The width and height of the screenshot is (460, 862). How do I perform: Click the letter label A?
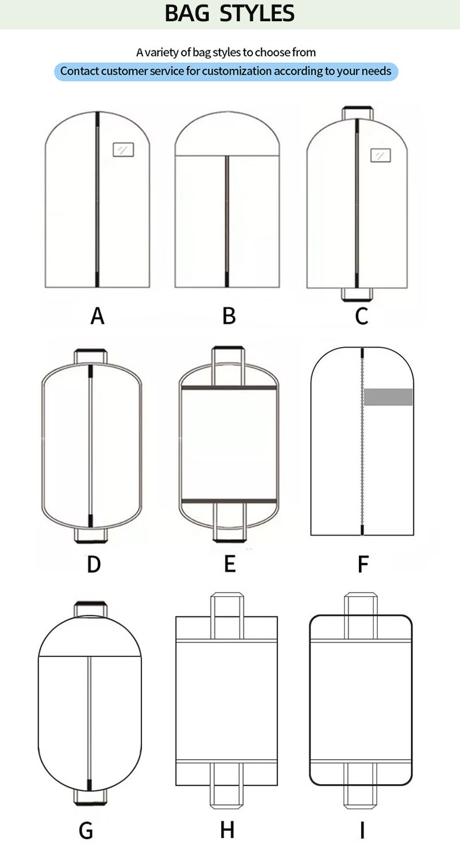coord(97,316)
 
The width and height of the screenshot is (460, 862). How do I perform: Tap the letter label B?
coord(229,316)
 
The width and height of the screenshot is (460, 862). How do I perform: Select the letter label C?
coord(362,316)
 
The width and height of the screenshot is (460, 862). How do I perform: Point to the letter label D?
coord(94,564)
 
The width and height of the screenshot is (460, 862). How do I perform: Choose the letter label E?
coord(230,564)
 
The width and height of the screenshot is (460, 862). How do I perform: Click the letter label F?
coord(363,564)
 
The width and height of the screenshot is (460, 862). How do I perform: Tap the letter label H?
coord(227,830)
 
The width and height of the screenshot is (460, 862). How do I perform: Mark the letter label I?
coord(362,830)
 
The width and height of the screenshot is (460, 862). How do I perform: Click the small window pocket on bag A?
coord(123,149)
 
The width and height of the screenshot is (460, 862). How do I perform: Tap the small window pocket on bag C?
coord(380,156)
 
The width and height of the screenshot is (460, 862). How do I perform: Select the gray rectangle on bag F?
coord(388,397)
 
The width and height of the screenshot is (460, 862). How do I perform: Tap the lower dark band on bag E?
coord(229,502)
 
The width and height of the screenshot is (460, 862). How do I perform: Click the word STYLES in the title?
coord(257,13)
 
